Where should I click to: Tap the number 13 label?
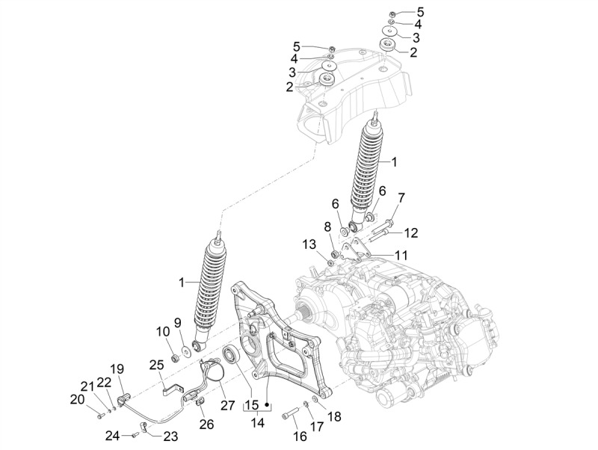coord(309,244)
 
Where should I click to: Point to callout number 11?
coord(402,255)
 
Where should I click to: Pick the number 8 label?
coord(327,226)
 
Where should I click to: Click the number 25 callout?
coord(155,364)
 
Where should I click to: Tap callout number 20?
coord(77,399)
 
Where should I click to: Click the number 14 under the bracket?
coord(259,423)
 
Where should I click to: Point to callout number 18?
coord(334,416)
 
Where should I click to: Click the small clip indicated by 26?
coord(200,405)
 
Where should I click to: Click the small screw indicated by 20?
coord(100,408)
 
